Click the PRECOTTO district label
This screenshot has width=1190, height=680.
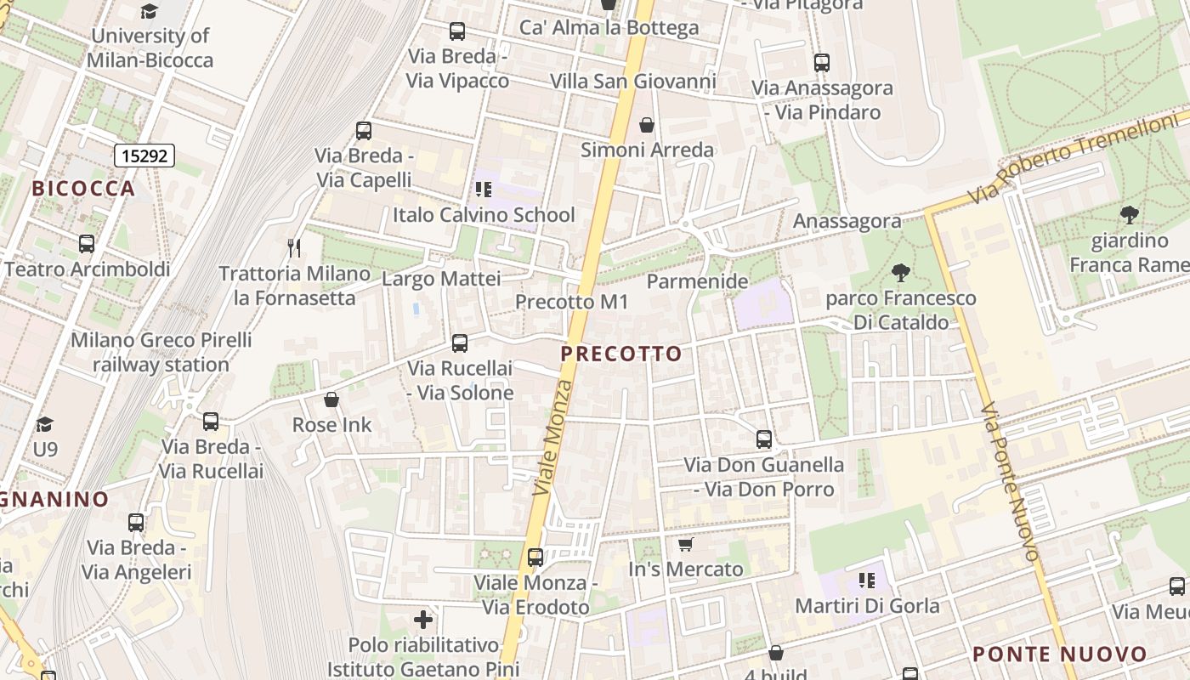(x=621, y=354)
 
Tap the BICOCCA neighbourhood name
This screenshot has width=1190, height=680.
(x=83, y=189)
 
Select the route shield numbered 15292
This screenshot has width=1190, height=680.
(x=144, y=156)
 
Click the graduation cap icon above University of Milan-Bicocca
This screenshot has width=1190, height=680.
(x=150, y=11)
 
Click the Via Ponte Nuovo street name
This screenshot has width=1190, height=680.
(x=1010, y=482)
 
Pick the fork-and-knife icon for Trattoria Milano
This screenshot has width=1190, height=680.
(x=294, y=247)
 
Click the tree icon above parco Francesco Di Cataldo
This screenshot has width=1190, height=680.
(x=901, y=273)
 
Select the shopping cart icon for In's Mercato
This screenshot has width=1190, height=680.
(x=686, y=544)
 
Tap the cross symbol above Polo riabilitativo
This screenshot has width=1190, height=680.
(x=423, y=619)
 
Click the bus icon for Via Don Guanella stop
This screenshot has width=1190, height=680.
(x=764, y=439)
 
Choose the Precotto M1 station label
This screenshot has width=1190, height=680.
(x=571, y=302)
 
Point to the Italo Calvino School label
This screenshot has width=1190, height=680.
(x=484, y=215)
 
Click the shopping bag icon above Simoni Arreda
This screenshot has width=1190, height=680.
(x=647, y=125)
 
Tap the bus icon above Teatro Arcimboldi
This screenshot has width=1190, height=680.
(x=86, y=244)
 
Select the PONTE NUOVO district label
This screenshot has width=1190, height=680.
(x=1059, y=654)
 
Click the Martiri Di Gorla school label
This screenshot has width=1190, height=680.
(x=867, y=606)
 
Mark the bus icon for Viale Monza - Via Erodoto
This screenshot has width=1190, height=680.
(x=535, y=558)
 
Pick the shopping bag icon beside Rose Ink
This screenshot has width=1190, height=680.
(x=331, y=399)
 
